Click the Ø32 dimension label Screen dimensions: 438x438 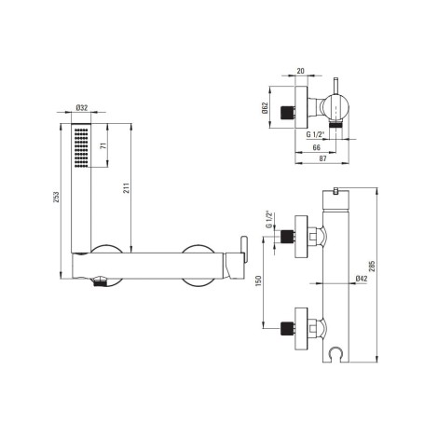click(x=82, y=108)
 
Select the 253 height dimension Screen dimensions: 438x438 click(x=56, y=198)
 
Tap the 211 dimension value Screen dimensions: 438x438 click(x=126, y=188)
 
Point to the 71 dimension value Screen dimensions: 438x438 click(x=104, y=145)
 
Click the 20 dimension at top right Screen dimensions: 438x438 click(x=300, y=71)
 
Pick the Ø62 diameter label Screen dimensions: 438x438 click(x=265, y=107)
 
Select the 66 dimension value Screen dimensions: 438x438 click(x=316, y=147)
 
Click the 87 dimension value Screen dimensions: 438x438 click(x=322, y=158)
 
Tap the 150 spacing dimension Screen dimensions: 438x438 click(x=259, y=281)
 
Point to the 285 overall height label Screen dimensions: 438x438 click(x=373, y=266)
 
